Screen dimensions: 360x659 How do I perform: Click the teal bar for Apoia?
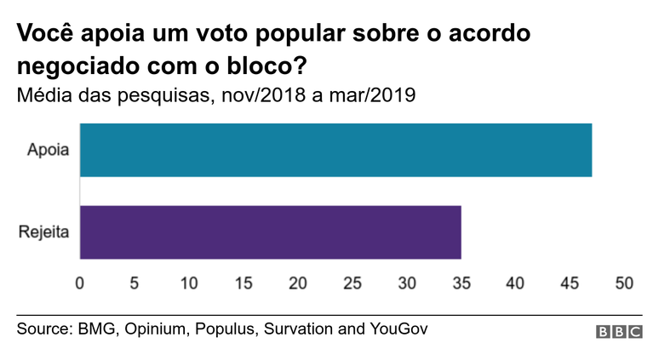335,151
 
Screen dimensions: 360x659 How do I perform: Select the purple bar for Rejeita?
270,232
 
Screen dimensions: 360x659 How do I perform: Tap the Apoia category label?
48,151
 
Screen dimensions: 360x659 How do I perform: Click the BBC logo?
619,333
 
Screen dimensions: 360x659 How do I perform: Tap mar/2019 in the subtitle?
374,94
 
